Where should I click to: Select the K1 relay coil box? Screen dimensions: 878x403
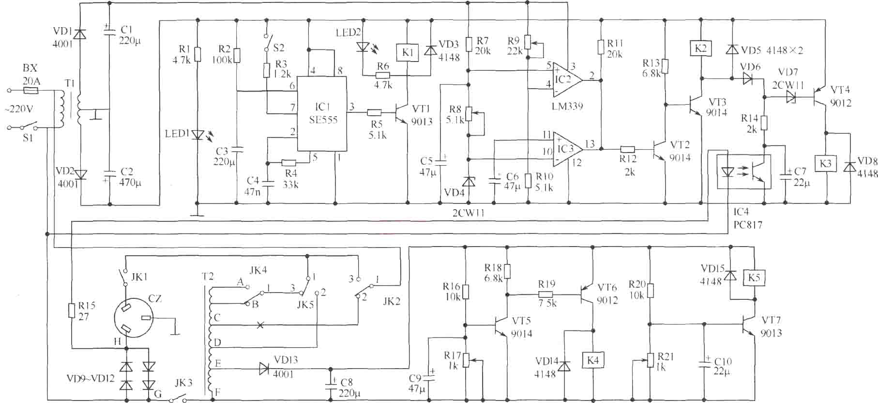408,52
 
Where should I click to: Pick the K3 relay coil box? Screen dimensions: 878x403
825,163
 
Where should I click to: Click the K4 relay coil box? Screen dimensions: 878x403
593,360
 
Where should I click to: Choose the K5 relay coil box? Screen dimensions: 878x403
754,278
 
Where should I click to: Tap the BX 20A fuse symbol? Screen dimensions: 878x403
31,91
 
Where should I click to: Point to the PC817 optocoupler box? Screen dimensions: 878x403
743,172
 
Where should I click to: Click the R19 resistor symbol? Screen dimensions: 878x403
547,294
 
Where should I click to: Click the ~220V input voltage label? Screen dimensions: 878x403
19,109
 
